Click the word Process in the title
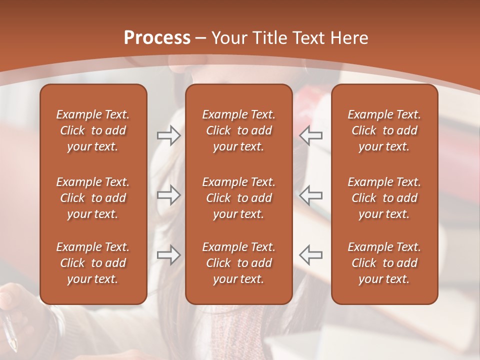point(157,38)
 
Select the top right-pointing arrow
point(169,135)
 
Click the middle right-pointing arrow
point(169,195)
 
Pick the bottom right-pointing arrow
point(169,255)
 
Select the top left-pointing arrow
point(310,135)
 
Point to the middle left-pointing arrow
point(310,195)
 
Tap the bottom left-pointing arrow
point(310,255)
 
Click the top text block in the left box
point(93,130)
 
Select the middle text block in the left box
point(93,198)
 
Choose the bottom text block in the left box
point(93,263)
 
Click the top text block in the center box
point(238,130)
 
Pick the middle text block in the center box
point(238,198)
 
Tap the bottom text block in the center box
point(238,263)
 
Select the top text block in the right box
point(384,130)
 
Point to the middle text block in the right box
point(384,198)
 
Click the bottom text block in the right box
point(384,263)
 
